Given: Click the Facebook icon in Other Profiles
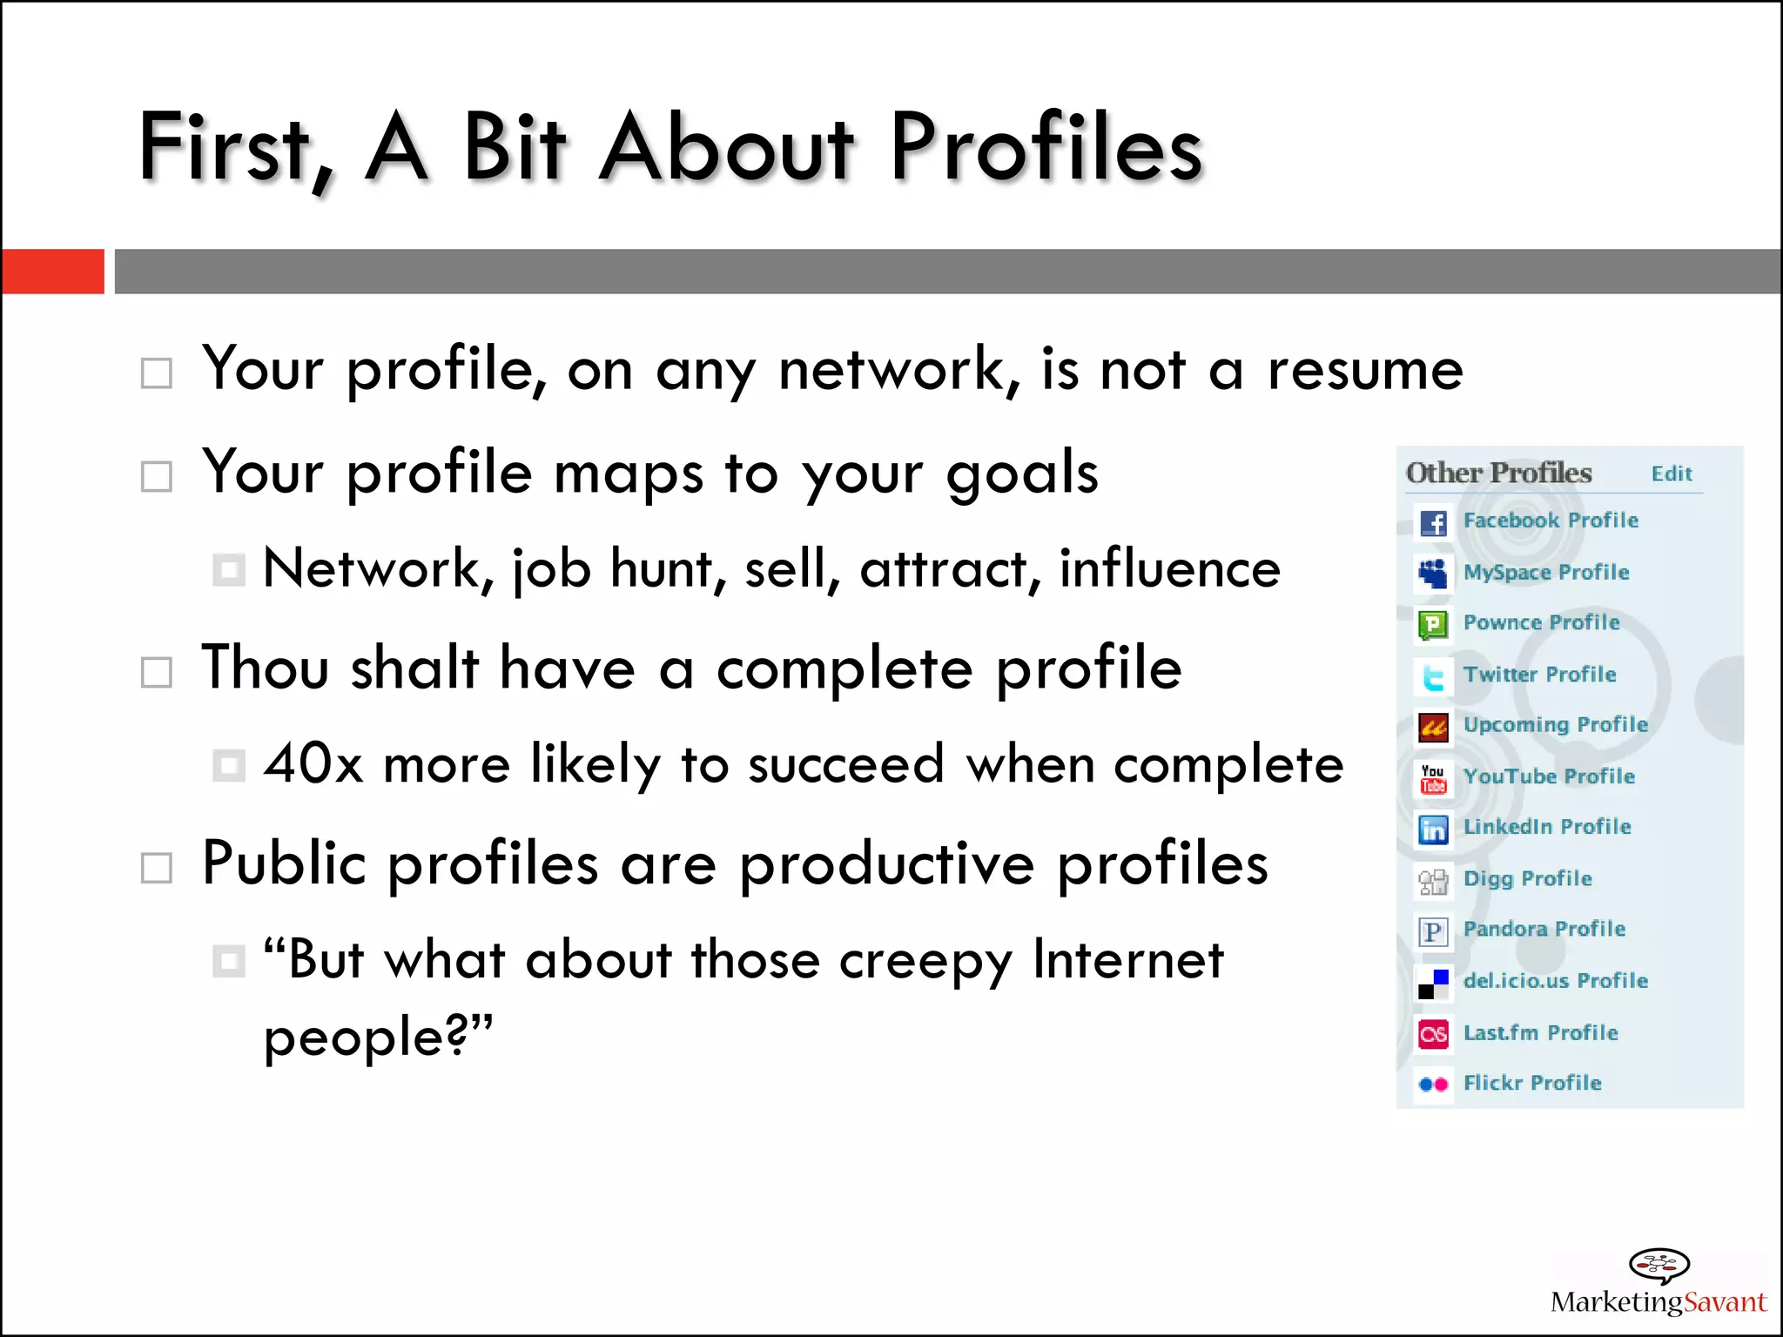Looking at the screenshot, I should (x=1433, y=522).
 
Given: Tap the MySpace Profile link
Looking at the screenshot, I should (x=1545, y=573).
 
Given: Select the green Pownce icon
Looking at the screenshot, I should (x=1433, y=624).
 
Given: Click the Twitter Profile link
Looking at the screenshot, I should (x=1539, y=675).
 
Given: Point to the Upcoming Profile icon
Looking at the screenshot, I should (x=1433, y=727).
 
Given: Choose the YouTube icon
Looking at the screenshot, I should (x=1433, y=778).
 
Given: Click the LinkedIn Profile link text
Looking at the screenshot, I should (x=1546, y=827).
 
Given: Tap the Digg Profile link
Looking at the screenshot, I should (x=1527, y=878).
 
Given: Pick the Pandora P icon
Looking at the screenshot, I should (x=1433, y=931).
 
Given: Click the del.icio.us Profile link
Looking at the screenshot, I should (x=1555, y=981).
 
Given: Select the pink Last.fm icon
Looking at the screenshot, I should (x=1433, y=1033).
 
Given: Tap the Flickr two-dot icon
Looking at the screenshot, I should (x=1433, y=1085).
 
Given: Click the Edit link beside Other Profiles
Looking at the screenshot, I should (x=1671, y=474).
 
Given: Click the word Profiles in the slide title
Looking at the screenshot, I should (x=1045, y=148).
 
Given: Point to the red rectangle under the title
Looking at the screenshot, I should (x=53, y=272).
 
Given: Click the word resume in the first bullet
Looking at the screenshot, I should (x=1364, y=370).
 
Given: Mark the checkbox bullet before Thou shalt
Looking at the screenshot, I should (x=157, y=672).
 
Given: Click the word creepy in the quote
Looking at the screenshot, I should (x=925, y=961).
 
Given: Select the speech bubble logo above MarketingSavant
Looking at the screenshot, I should (x=1659, y=1265).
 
